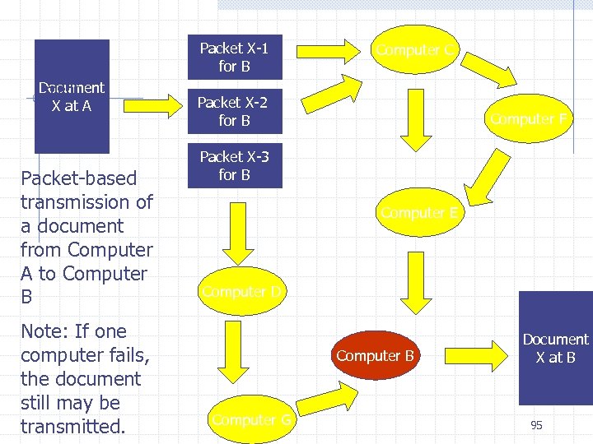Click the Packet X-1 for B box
(234, 57)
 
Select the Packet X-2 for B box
(234, 111)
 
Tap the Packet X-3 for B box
(234, 165)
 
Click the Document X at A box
(72, 97)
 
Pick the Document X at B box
(555, 348)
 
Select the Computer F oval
(528, 118)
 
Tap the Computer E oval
(419, 213)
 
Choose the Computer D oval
(242, 291)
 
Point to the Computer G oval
(252, 419)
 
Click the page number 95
(536, 425)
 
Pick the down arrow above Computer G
(233, 354)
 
